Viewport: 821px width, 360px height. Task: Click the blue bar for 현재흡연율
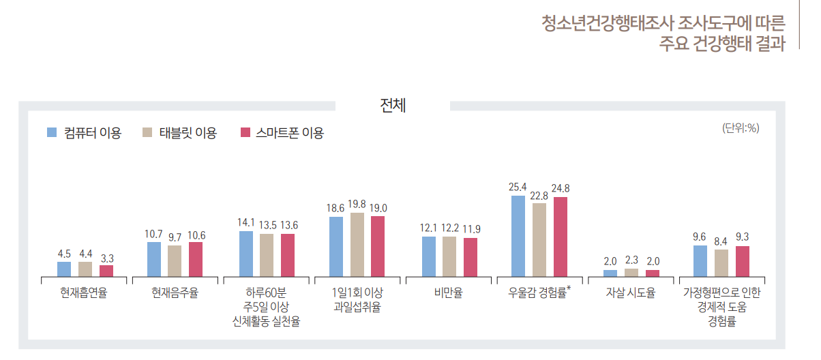64,269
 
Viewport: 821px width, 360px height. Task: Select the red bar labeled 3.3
106,271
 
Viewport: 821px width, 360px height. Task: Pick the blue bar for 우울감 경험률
518,235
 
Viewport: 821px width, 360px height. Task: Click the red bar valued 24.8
560,237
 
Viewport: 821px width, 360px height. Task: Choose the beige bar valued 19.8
357,244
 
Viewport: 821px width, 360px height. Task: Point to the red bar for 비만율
471,257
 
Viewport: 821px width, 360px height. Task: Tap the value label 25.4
518,187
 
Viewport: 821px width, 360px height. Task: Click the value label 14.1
246,223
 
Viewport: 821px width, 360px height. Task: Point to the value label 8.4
721,241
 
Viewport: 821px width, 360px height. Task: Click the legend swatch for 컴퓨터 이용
52,132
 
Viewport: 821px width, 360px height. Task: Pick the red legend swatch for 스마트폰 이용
246,132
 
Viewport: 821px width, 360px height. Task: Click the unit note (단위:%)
741,127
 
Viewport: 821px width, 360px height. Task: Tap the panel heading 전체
393,106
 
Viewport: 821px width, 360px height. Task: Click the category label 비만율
448,294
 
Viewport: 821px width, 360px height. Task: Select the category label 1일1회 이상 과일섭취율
357,300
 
